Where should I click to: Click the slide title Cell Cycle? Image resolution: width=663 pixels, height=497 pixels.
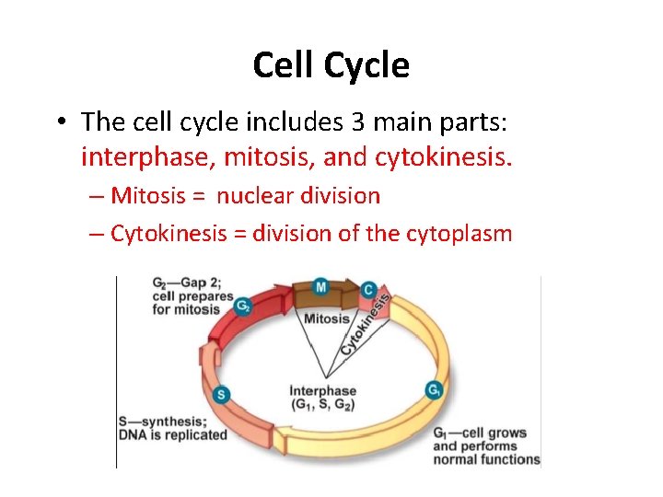tap(331, 65)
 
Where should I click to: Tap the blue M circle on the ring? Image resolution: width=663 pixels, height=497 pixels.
tap(320, 287)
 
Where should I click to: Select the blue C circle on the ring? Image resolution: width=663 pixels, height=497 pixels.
tap(368, 290)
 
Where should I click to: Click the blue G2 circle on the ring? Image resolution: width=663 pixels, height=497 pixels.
tap(242, 306)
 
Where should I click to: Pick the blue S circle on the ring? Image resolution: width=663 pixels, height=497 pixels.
tap(221, 395)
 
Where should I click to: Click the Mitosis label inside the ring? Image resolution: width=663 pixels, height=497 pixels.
tap(327, 319)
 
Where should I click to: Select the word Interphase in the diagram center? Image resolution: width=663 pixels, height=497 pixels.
tap(322, 391)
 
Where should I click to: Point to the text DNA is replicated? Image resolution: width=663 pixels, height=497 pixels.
tap(172, 434)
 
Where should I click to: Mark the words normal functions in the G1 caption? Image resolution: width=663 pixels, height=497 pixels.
tap(486, 459)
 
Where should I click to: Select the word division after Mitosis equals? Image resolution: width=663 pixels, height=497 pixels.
tap(339, 196)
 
